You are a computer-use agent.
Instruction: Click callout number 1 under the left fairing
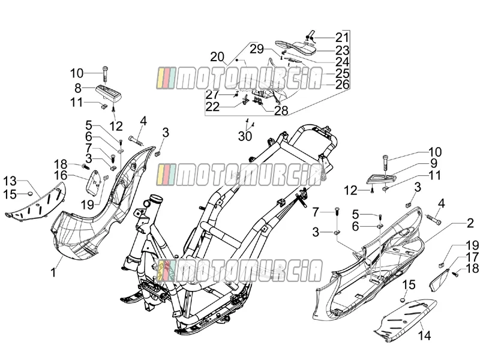(53, 272)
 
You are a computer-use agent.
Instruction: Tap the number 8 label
(78, 88)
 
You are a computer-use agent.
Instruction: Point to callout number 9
(433, 163)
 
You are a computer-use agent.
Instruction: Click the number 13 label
(10, 181)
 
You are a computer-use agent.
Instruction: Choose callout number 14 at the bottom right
(424, 335)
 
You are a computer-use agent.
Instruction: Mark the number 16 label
(61, 175)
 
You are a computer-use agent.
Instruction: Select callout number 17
(472, 257)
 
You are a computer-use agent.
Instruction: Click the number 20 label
(226, 57)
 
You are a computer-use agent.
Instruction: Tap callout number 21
(342, 37)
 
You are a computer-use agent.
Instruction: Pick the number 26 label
(342, 84)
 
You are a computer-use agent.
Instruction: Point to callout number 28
(281, 110)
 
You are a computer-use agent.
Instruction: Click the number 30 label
(245, 136)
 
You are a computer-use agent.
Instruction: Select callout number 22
(212, 107)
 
